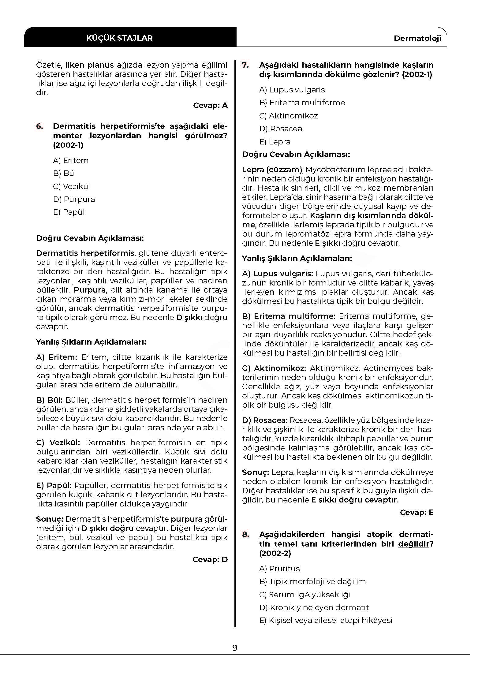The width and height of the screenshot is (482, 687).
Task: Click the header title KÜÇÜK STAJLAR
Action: click(x=119, y=38)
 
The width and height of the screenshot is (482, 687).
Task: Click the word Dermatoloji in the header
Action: click(x=417, y=38)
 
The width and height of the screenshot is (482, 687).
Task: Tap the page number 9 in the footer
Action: click(x=235, y=648)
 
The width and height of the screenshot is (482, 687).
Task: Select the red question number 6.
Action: click(x=40, y=126)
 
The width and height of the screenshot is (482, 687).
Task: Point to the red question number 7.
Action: click(x=245, y=65)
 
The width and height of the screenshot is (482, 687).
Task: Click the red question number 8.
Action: click(x=246, y=534)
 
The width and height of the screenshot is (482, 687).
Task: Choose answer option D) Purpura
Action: click(x=74, y=199)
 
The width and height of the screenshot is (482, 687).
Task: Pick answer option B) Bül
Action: click(x=64, y=173)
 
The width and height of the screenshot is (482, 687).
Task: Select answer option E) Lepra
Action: click(x=275, y=142)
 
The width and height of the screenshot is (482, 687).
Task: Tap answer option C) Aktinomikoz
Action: click(x=288, y=116)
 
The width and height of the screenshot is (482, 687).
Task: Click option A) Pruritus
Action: click(x=279, y=569)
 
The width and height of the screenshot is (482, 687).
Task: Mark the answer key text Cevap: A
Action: click(x=210, y=105)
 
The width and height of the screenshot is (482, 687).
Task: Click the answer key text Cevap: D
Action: click(x=210, y=559)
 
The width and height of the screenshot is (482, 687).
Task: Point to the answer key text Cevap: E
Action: click(x=417, y=512)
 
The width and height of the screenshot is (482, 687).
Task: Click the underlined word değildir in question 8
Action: click(x=413, y=544)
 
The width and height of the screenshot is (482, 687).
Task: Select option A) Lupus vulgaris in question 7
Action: click(x=292, y=90)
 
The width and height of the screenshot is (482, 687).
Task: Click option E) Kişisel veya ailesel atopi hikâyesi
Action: click(x=325, y=620)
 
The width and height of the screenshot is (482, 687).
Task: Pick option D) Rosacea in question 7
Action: click(x=280, y=129)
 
